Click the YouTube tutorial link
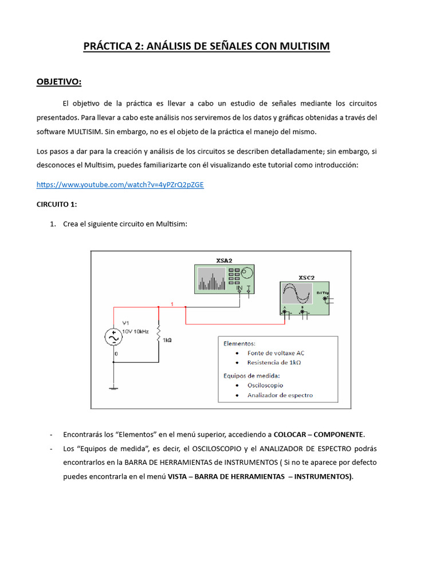120,185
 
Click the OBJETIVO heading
59,82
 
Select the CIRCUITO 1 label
57,204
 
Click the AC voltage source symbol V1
113,338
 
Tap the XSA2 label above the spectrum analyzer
224,260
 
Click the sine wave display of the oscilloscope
297,295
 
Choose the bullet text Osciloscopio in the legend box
265,385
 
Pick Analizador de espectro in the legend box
280,395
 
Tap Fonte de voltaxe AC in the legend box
276,353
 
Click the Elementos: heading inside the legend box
239,343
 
